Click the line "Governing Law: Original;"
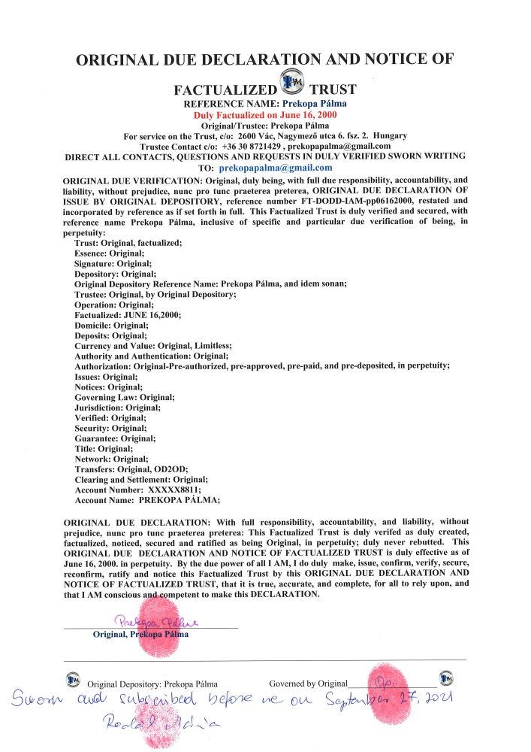click(x=124, y=397)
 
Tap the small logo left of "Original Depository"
click(x=73, y=681)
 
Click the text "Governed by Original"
click(x=308, y=684)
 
